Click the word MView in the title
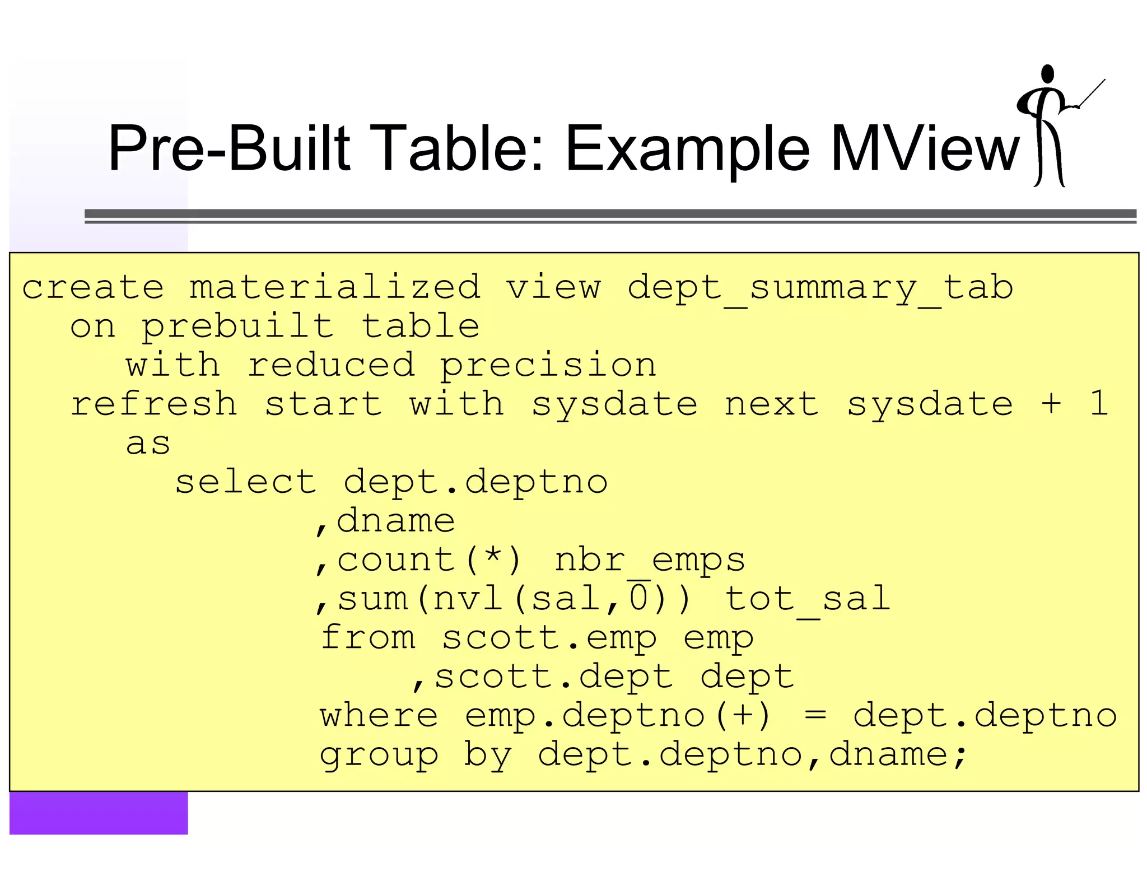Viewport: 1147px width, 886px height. [925, 148]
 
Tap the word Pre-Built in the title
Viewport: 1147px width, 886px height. [229, 148]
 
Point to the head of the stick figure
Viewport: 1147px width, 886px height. [1047, 74]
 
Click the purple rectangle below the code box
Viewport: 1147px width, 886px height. [99, 813]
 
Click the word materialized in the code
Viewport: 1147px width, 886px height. [334, 287]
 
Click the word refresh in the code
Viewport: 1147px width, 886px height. [153, 404]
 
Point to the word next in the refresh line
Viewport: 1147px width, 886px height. [771, 404]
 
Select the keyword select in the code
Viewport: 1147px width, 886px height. [246, 482]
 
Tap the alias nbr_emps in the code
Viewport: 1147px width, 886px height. [650, 560]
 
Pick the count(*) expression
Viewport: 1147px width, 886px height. [429, 560]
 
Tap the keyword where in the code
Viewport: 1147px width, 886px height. [379, 716]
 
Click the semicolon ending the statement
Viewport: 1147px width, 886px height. [961, 756]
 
